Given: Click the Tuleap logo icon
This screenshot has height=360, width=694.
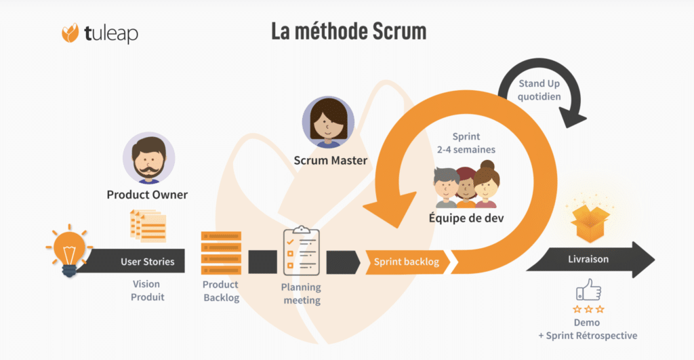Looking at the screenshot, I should (x=70, y=33).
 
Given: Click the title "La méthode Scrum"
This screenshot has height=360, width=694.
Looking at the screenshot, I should (x=349, y=31).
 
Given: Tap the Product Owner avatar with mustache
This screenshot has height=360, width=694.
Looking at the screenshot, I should (x=148, y=159).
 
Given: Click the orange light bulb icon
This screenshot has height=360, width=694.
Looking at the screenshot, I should (x=69, y=249).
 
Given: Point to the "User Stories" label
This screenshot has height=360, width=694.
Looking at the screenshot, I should (x=148, y=262).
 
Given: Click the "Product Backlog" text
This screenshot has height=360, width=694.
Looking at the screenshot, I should (x=222, y=292).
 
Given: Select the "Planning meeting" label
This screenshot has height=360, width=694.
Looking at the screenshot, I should (x=301, y=294).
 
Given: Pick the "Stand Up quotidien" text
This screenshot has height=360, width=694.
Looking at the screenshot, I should (x=539, y=89).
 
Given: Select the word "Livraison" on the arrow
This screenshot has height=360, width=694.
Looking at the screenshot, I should (x=588, y=259).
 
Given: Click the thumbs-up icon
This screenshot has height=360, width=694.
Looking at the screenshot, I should (x=588, y=290).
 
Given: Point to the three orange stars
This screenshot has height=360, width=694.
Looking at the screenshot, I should (x=587, y=309).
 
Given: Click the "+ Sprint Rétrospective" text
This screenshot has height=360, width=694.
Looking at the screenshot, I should (x=588, y=336).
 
